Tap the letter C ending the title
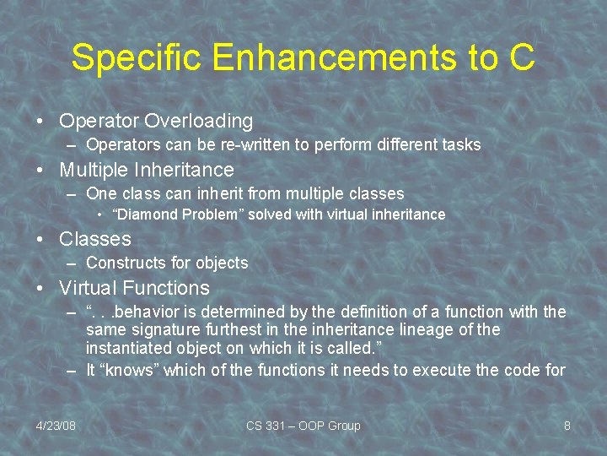520,57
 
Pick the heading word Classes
95,239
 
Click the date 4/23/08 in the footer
56,426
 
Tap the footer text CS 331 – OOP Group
303,426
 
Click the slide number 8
567,426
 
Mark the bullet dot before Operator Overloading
41,122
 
